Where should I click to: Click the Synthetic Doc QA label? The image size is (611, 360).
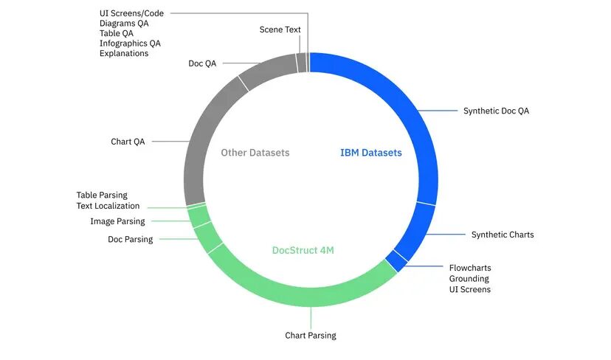tap(496, 111)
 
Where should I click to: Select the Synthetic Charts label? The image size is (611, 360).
tap(502, 235)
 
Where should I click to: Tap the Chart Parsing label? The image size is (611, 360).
tap(310, 336)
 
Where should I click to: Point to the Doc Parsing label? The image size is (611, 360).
tap(130, 239)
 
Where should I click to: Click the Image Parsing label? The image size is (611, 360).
tap(117, 221)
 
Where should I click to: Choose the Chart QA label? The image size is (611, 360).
tap(128, 142)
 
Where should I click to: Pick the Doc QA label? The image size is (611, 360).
tap(202, 63)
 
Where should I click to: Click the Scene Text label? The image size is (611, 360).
tap(280, 30)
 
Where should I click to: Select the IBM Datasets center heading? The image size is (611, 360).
tap(370, 153)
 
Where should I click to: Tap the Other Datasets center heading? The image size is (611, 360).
tap(255, 153)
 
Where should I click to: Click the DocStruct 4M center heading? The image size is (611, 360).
tap(303, 250)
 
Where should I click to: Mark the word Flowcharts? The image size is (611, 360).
tap(470, 268)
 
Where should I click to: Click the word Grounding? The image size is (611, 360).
tap(469, 279)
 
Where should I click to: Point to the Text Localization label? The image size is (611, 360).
tap(108, 206)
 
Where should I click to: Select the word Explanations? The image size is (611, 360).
tap(124, 53)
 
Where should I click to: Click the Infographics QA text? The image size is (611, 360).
tap(130, 44)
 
